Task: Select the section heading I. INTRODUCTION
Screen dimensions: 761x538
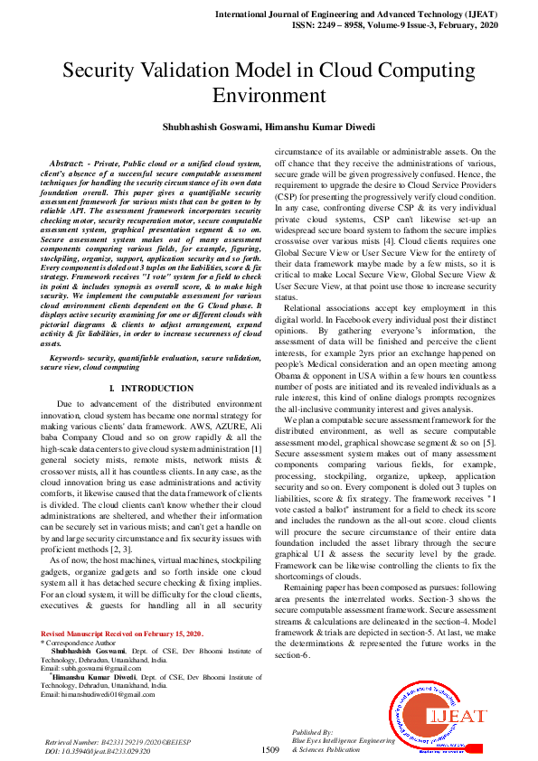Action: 150,387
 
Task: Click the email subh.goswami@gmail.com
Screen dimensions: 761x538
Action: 100,667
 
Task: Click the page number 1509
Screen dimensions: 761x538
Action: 269,749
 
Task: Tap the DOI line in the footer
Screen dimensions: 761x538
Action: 99,750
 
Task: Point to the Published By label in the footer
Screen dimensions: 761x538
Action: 312,731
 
